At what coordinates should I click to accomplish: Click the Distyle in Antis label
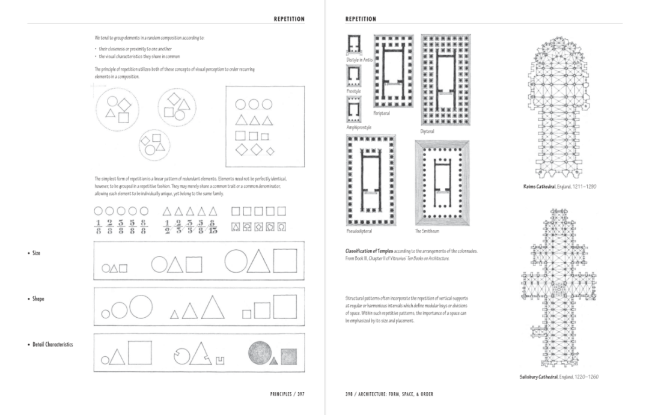pyautogui.click(x=359, y=60)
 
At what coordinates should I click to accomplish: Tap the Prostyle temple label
pyautogui.click(x=353, y=91)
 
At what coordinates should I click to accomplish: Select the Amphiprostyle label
pyautogui.click(x=359, y=127)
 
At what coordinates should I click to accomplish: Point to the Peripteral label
pyautogui.click(x=382, y=114)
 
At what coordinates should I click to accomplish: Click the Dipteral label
pyautogui.click(x=427, y=132)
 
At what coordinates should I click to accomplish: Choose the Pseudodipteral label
pyautogui.click(x=359, y=231)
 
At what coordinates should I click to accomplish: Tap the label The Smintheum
pyautogui.click(x=427, y=231)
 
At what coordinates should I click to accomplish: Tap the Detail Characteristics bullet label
pyautogui.click(x=52, y=345)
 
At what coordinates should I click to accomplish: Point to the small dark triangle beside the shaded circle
pyautogui.click(x=274, y=361)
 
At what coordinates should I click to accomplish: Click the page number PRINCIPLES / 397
pyautogui.click(x=287, y=395)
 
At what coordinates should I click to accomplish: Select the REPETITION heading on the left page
pyautogui.click(x=289, y=19)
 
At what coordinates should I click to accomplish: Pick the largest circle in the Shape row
pyautogui.click(x=139, y=306)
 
